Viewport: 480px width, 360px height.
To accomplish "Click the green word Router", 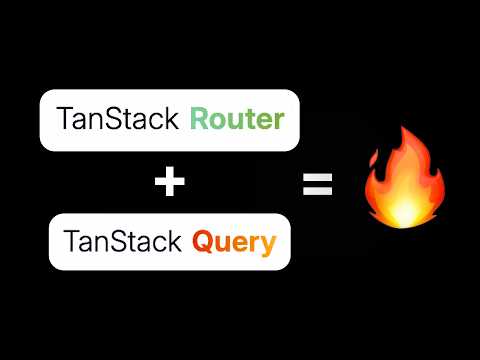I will point(238,120).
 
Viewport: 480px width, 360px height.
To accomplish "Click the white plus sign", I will point(170,181).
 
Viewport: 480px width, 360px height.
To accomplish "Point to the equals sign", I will point(317,183).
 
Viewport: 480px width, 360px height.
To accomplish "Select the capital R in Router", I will point(201,120).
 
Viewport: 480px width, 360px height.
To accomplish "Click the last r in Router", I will point(279,122).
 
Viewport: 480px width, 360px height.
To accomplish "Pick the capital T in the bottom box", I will point(71,241).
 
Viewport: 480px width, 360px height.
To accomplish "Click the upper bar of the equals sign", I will point(317,176).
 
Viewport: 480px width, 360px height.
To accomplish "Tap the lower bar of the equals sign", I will point(317,190).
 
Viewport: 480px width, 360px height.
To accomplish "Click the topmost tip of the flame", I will point(401,128).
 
